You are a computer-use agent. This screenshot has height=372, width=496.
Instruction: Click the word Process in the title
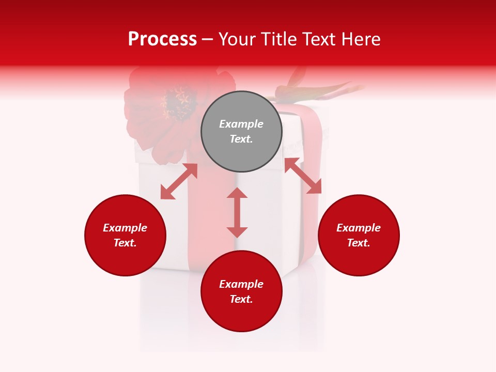pos(162,39)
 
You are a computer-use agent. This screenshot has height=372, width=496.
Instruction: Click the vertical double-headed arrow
pos(237,212)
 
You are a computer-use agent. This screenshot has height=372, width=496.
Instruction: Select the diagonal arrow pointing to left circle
pos(179,181)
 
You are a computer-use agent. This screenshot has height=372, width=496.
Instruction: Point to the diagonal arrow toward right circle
pos(303,176)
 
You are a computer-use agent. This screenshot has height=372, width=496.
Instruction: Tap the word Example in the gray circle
pos(241,124)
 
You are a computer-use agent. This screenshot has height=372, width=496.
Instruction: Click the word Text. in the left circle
pos(125,243)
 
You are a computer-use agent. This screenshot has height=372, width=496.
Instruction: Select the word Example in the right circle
pos(359,228)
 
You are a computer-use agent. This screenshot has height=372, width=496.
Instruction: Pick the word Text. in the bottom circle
pos(241,299)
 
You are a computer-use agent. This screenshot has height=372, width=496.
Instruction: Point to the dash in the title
pos(208,40)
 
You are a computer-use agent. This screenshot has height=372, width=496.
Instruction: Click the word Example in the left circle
pos(125,228)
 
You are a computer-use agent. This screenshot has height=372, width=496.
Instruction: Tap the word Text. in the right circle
pos(359,243)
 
